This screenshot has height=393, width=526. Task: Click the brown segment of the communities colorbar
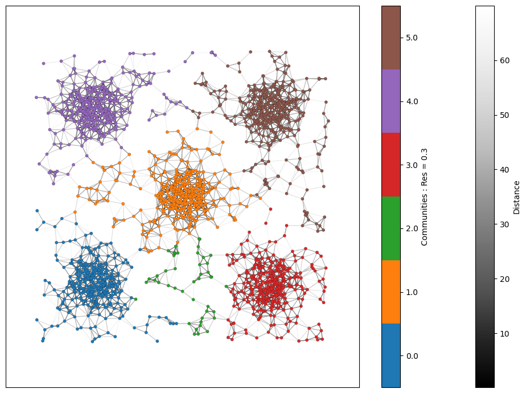point(391,38)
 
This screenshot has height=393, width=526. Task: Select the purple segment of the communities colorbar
point(391,101)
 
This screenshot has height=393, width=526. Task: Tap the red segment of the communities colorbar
point(391,165)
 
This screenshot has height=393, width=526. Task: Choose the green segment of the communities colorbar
point(391,228)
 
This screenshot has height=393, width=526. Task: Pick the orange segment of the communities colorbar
point(391,292)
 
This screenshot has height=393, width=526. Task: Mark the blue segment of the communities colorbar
point(391,356)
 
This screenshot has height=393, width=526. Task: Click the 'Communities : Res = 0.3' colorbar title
point(424,197)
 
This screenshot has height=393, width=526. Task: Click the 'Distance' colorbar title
point(516,197)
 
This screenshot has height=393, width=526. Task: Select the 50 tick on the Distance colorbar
point(503,115)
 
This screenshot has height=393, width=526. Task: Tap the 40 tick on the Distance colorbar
point(503,170)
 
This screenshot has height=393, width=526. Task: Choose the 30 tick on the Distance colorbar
point(503,224)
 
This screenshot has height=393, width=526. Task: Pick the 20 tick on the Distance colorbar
point(503,279)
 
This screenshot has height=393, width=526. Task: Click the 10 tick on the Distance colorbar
point(503,334)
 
